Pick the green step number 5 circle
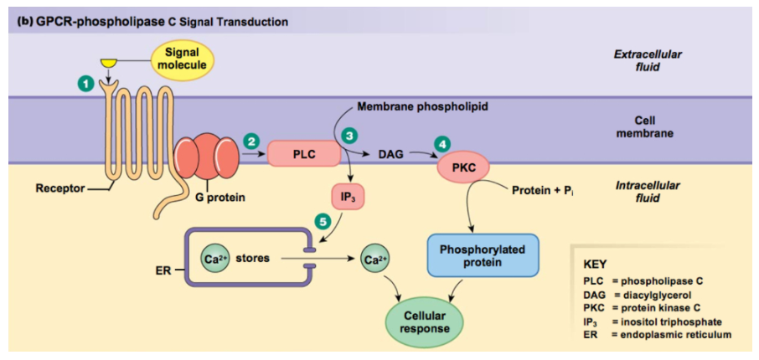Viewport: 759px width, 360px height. (x=323, y=221)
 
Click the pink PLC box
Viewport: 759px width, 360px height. (x=303, y=154)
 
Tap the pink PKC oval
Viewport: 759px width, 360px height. (x=463, y=167)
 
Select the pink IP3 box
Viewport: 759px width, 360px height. (x=348, y=198)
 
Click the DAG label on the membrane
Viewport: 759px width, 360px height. (x=390, y=154)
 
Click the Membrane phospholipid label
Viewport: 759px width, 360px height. (x=422, y=107)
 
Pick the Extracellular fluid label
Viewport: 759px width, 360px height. (x=648, y=60)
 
